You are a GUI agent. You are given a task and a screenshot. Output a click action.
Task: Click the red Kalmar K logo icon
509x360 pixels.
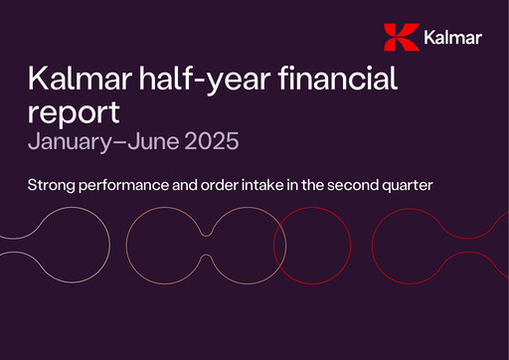pyautogui.click(x=400, y=38)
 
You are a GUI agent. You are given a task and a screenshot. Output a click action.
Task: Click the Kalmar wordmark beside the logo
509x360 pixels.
pyautogui.click(x=451, y=39)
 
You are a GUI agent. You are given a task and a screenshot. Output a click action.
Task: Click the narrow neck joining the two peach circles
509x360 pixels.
pyautogui.click(x=206, y=245)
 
